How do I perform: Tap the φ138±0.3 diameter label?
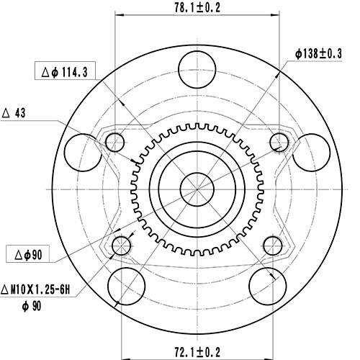tap(319, 54)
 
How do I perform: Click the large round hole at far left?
tap(81, 151)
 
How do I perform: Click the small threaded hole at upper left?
tap(115, 142)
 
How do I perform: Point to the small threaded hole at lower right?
tap(271, 246)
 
